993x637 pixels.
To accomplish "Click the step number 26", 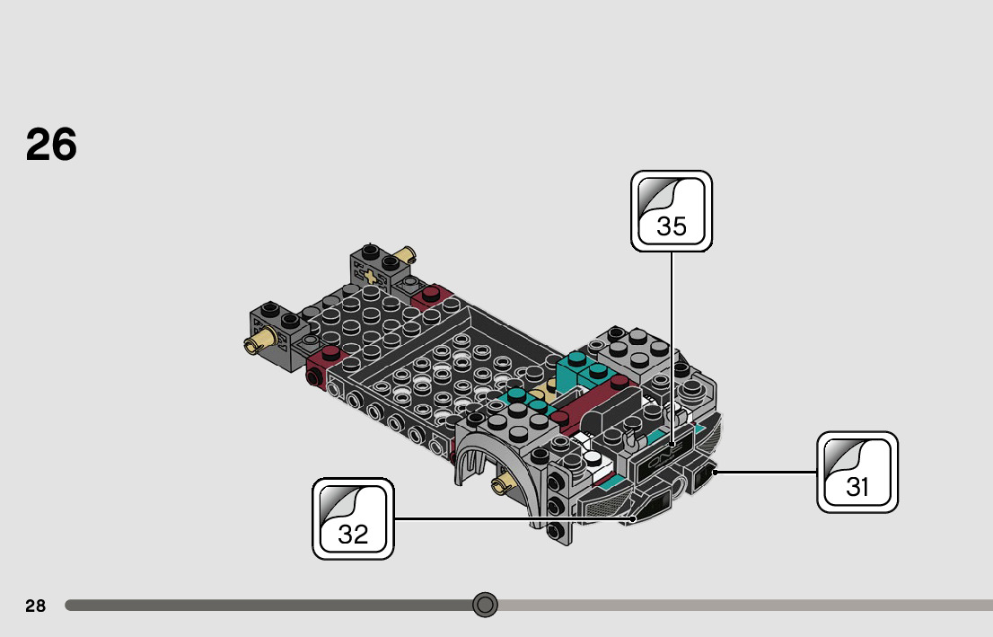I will click(x=51, y=145).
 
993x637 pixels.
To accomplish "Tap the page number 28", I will click(x=35, y=606).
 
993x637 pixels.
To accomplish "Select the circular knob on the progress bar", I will click(x=485, y=605).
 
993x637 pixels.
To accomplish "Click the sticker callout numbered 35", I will click(x=672, y=211).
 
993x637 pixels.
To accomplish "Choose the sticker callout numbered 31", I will click(x=857, y=473).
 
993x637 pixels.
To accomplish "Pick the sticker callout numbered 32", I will click(x=353, y=519).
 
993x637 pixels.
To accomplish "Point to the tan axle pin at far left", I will click(x=259, y=341).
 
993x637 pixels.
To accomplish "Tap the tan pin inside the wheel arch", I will click(x=499, y=486).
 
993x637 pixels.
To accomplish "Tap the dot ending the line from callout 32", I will click(x=634, y=518).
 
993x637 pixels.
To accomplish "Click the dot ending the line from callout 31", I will click(x=715, y=471).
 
